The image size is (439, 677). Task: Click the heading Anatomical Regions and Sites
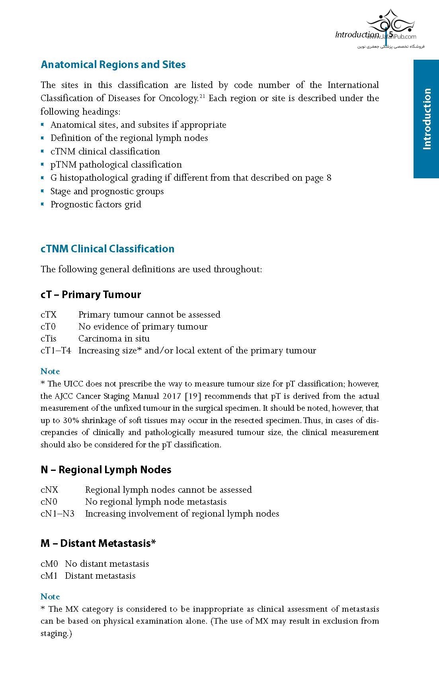113,65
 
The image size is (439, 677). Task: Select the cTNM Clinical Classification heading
107,249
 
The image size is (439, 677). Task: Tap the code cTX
49,315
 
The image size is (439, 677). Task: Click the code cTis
49,339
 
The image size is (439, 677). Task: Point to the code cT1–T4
56,351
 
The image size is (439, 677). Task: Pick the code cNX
49,490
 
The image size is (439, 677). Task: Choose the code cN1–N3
57,514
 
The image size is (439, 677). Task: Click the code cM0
49,564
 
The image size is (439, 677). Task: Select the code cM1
49,576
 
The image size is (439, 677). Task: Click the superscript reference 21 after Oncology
202,96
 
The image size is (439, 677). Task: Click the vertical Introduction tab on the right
426,119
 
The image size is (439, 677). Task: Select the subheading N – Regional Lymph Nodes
106,470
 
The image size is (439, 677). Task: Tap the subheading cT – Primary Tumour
91,295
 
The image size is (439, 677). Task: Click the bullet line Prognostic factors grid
96,205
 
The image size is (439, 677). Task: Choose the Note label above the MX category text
50,597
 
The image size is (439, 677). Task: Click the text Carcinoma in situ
114,339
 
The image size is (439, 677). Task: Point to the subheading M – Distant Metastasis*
98,543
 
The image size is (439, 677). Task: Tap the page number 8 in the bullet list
329,178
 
